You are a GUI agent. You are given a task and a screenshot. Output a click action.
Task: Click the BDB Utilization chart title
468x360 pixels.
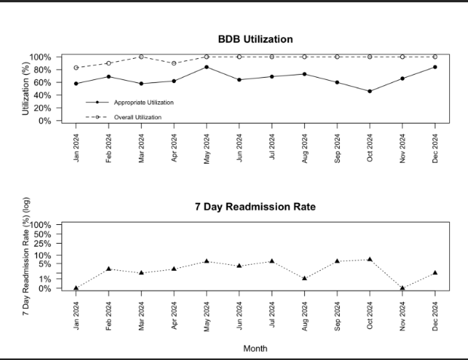(x=255, y=39)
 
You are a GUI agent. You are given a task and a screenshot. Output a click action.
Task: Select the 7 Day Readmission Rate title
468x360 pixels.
(x=255, y=207)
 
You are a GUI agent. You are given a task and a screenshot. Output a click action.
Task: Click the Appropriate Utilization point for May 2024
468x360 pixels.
(x=207, y=67)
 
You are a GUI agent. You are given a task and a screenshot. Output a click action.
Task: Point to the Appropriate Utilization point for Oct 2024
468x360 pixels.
(x=370, y=91)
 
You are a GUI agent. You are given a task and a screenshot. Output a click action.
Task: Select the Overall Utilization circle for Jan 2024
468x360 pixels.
(x=76, y=68)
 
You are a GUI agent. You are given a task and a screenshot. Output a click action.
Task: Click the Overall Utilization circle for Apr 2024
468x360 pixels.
(x=174, y=63)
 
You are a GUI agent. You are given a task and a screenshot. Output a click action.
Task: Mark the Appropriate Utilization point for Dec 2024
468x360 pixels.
(x=436, y=67)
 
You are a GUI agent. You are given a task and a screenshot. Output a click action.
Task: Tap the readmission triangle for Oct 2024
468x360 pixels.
(x=370, y=260)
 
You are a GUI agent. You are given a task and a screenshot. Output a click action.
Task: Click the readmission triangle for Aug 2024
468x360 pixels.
(x=304, y=278)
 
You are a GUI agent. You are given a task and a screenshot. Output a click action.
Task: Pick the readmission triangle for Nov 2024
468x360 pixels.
(x=402, y=288)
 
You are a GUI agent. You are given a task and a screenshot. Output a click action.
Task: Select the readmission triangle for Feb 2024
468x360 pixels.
(x=109, y=269)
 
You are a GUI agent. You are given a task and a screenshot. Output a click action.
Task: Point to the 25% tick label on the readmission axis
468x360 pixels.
(x=42, y=244)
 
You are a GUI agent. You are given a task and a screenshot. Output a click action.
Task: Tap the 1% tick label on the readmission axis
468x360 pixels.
(x=45, y=279)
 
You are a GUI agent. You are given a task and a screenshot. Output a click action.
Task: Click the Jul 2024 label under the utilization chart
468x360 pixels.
(x=272, y=146)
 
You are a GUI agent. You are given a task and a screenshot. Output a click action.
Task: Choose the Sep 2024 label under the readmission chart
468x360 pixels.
(x=337, y=316)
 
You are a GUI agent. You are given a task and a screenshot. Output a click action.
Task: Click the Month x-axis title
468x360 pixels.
(x=255, y=349)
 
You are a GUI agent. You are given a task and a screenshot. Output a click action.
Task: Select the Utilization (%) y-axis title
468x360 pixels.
(x=26, y=88)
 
